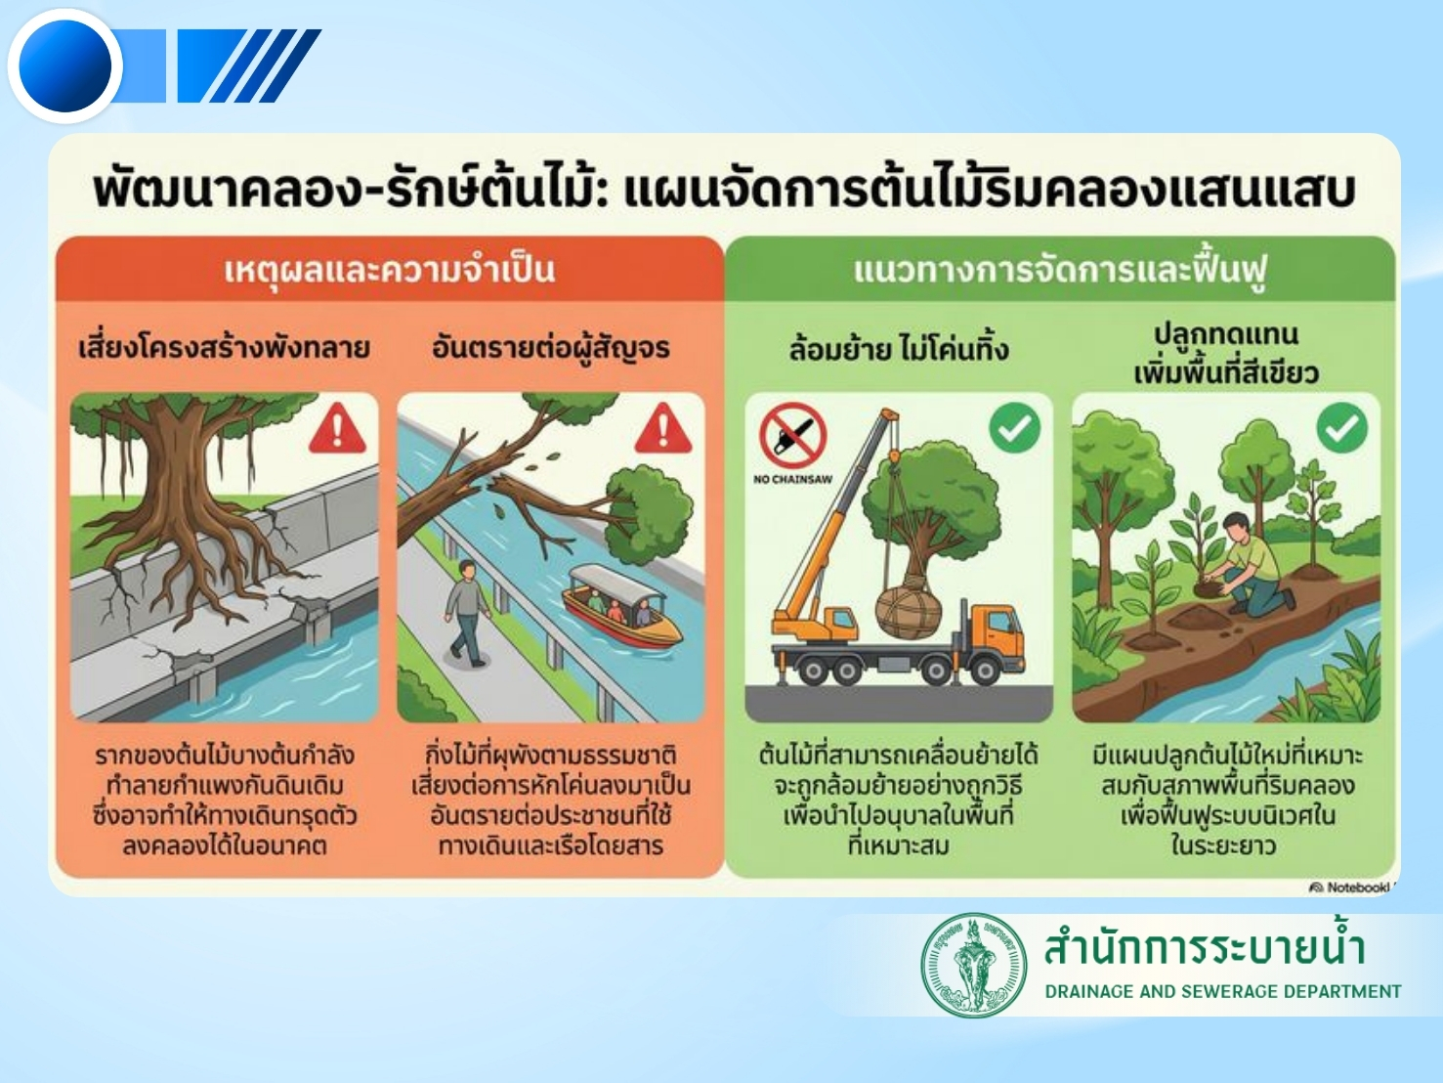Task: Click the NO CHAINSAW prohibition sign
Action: click(792, 435)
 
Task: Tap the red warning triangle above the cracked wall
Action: click(337, 428)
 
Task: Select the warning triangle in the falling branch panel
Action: click(663, 428)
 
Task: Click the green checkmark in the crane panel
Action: click(1015, 428)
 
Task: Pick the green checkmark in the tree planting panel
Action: click(1342, 428)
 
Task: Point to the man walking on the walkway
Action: click(468, 613)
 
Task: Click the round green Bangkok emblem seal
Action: click(974, 966)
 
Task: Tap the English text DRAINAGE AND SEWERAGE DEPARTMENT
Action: click(1223, 991)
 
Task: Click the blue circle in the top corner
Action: click(65, 65)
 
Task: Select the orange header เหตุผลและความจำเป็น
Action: click(390, 270)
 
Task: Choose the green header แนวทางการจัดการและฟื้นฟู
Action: click(1060, 270)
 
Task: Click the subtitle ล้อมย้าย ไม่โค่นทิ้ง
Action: click(899, 348)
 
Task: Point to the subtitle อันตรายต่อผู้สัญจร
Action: click(551, 347)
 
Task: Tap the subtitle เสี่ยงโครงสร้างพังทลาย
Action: click(224, 347)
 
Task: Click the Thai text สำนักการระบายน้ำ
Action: click(1205, 946)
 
